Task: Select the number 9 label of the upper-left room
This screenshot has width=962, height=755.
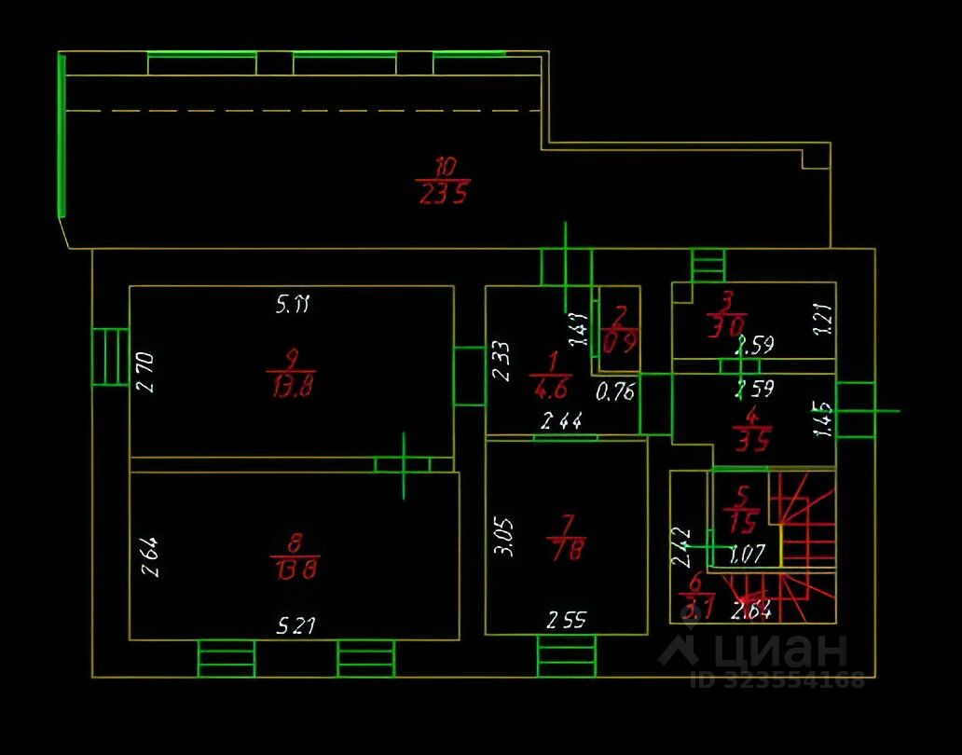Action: [x=292, y=356]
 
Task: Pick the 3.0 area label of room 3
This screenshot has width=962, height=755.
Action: [x=726, y=327]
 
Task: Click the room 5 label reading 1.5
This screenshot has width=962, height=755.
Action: [x=744, y=517]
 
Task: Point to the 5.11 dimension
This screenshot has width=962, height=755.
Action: [x=292, y=303]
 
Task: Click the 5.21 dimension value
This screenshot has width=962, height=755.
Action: [x=295, y=625]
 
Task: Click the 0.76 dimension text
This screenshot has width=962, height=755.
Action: [x=614, y=391]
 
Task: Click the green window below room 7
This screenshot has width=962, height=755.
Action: [x=566, y=656]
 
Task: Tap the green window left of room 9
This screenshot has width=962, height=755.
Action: [x=110, y=356]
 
